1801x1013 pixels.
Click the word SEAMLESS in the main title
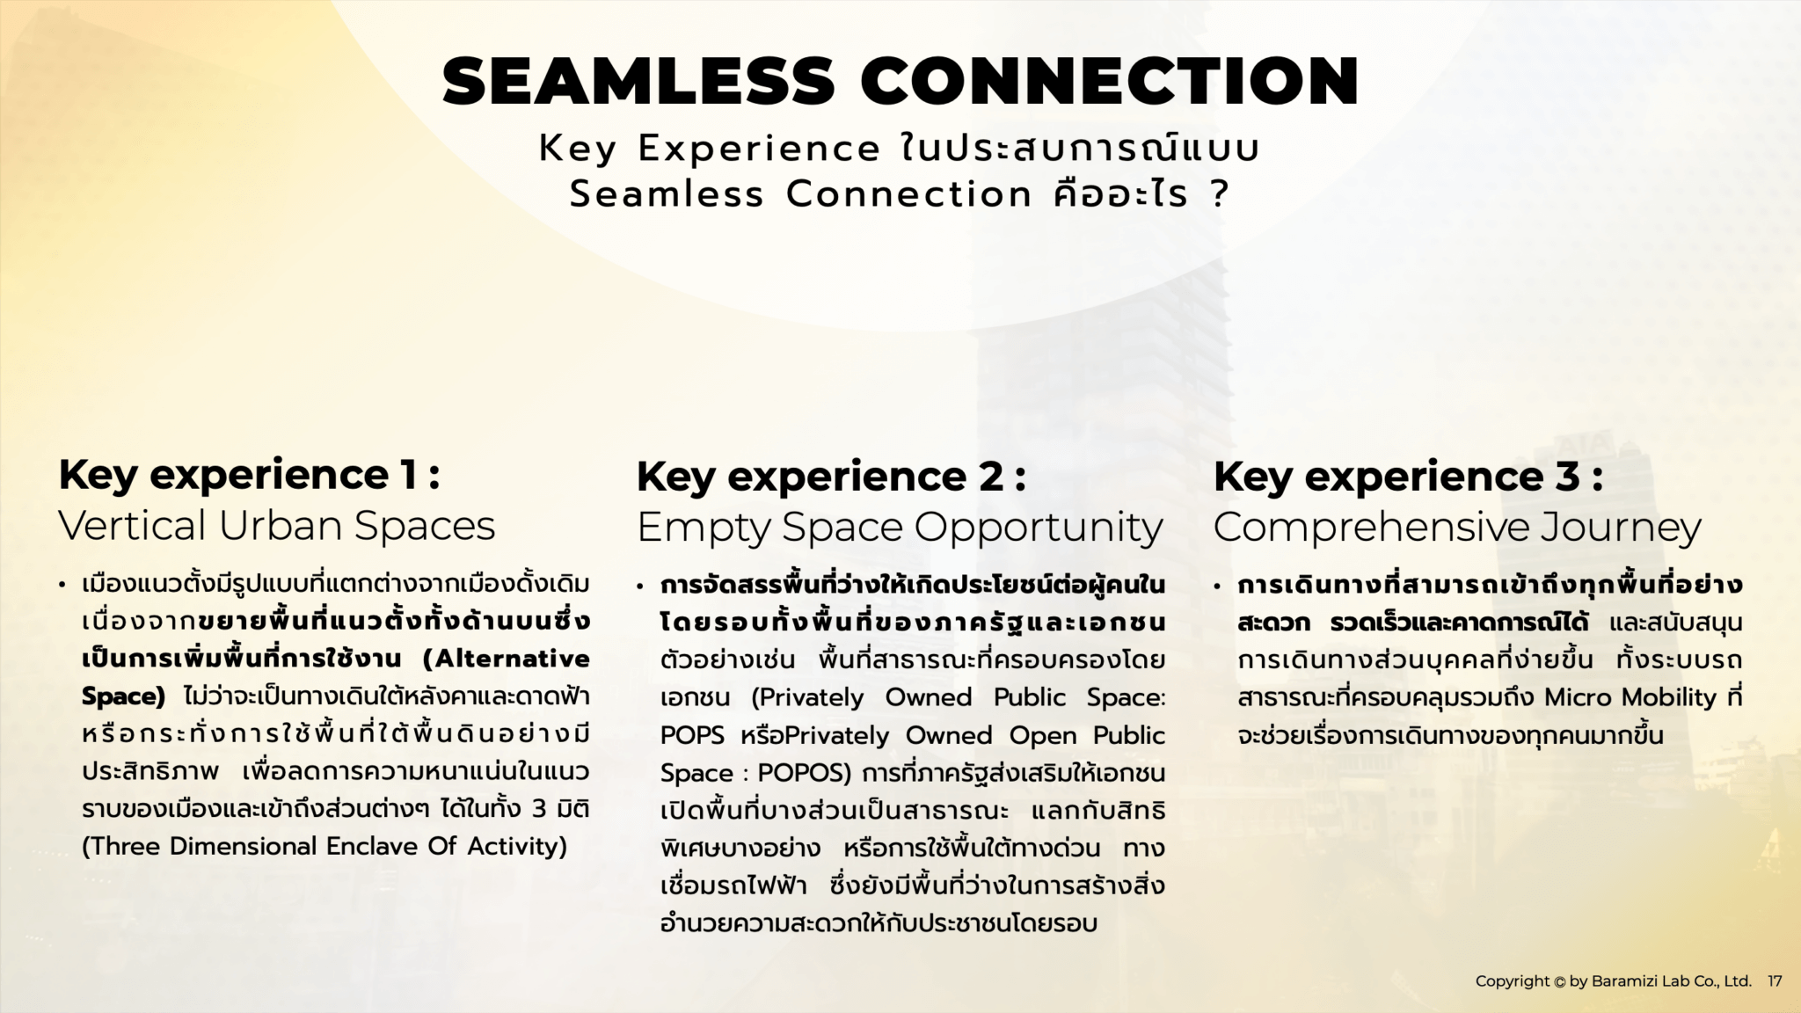click(638, 81)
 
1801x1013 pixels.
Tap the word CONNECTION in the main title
click(1110, 81)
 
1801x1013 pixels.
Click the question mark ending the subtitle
click(1219, 194)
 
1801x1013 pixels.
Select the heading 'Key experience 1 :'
click(249, 475)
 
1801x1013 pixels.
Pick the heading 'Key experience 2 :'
click(831, 477)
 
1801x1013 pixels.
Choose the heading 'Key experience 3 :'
click(1408, 477)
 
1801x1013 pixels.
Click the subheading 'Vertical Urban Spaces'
click(276, 526)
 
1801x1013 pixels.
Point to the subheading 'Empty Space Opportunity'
click(900, 528)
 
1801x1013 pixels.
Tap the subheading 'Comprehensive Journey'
click(1457, 528)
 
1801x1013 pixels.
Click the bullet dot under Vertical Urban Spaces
click(62, 586)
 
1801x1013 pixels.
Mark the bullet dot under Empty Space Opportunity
click(640, 586)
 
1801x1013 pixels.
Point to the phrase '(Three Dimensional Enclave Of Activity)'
click(324, 846)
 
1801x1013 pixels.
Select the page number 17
click(1775, 981)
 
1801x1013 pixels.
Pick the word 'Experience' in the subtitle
click(759, 149)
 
